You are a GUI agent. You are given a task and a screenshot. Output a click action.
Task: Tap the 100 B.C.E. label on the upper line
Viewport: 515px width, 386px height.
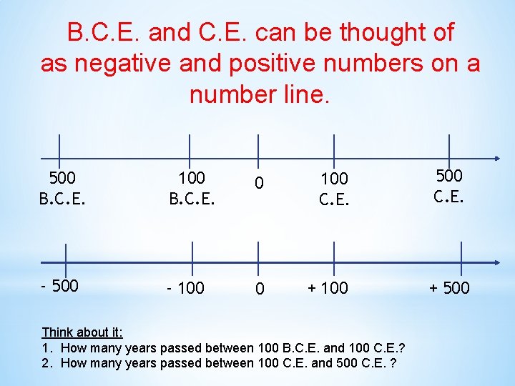coord(191,187)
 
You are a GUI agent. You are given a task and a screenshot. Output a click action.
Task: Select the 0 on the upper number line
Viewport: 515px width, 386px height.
coord(260,184)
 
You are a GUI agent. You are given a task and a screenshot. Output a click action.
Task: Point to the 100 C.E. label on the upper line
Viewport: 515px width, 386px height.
coord(334,187)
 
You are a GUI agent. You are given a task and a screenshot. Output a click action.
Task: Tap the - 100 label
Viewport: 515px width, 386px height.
coord(185,288)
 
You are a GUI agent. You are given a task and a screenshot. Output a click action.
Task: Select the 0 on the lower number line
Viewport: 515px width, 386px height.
coord(260,289)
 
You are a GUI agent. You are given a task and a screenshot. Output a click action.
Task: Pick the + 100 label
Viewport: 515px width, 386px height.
coord(328,288)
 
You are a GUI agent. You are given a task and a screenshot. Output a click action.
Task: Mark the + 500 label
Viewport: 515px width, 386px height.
coord(449,288)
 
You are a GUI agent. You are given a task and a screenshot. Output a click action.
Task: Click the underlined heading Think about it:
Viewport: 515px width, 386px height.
coord(82,332)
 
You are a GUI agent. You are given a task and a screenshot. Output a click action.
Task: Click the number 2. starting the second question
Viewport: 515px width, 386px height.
coord(47,363)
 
